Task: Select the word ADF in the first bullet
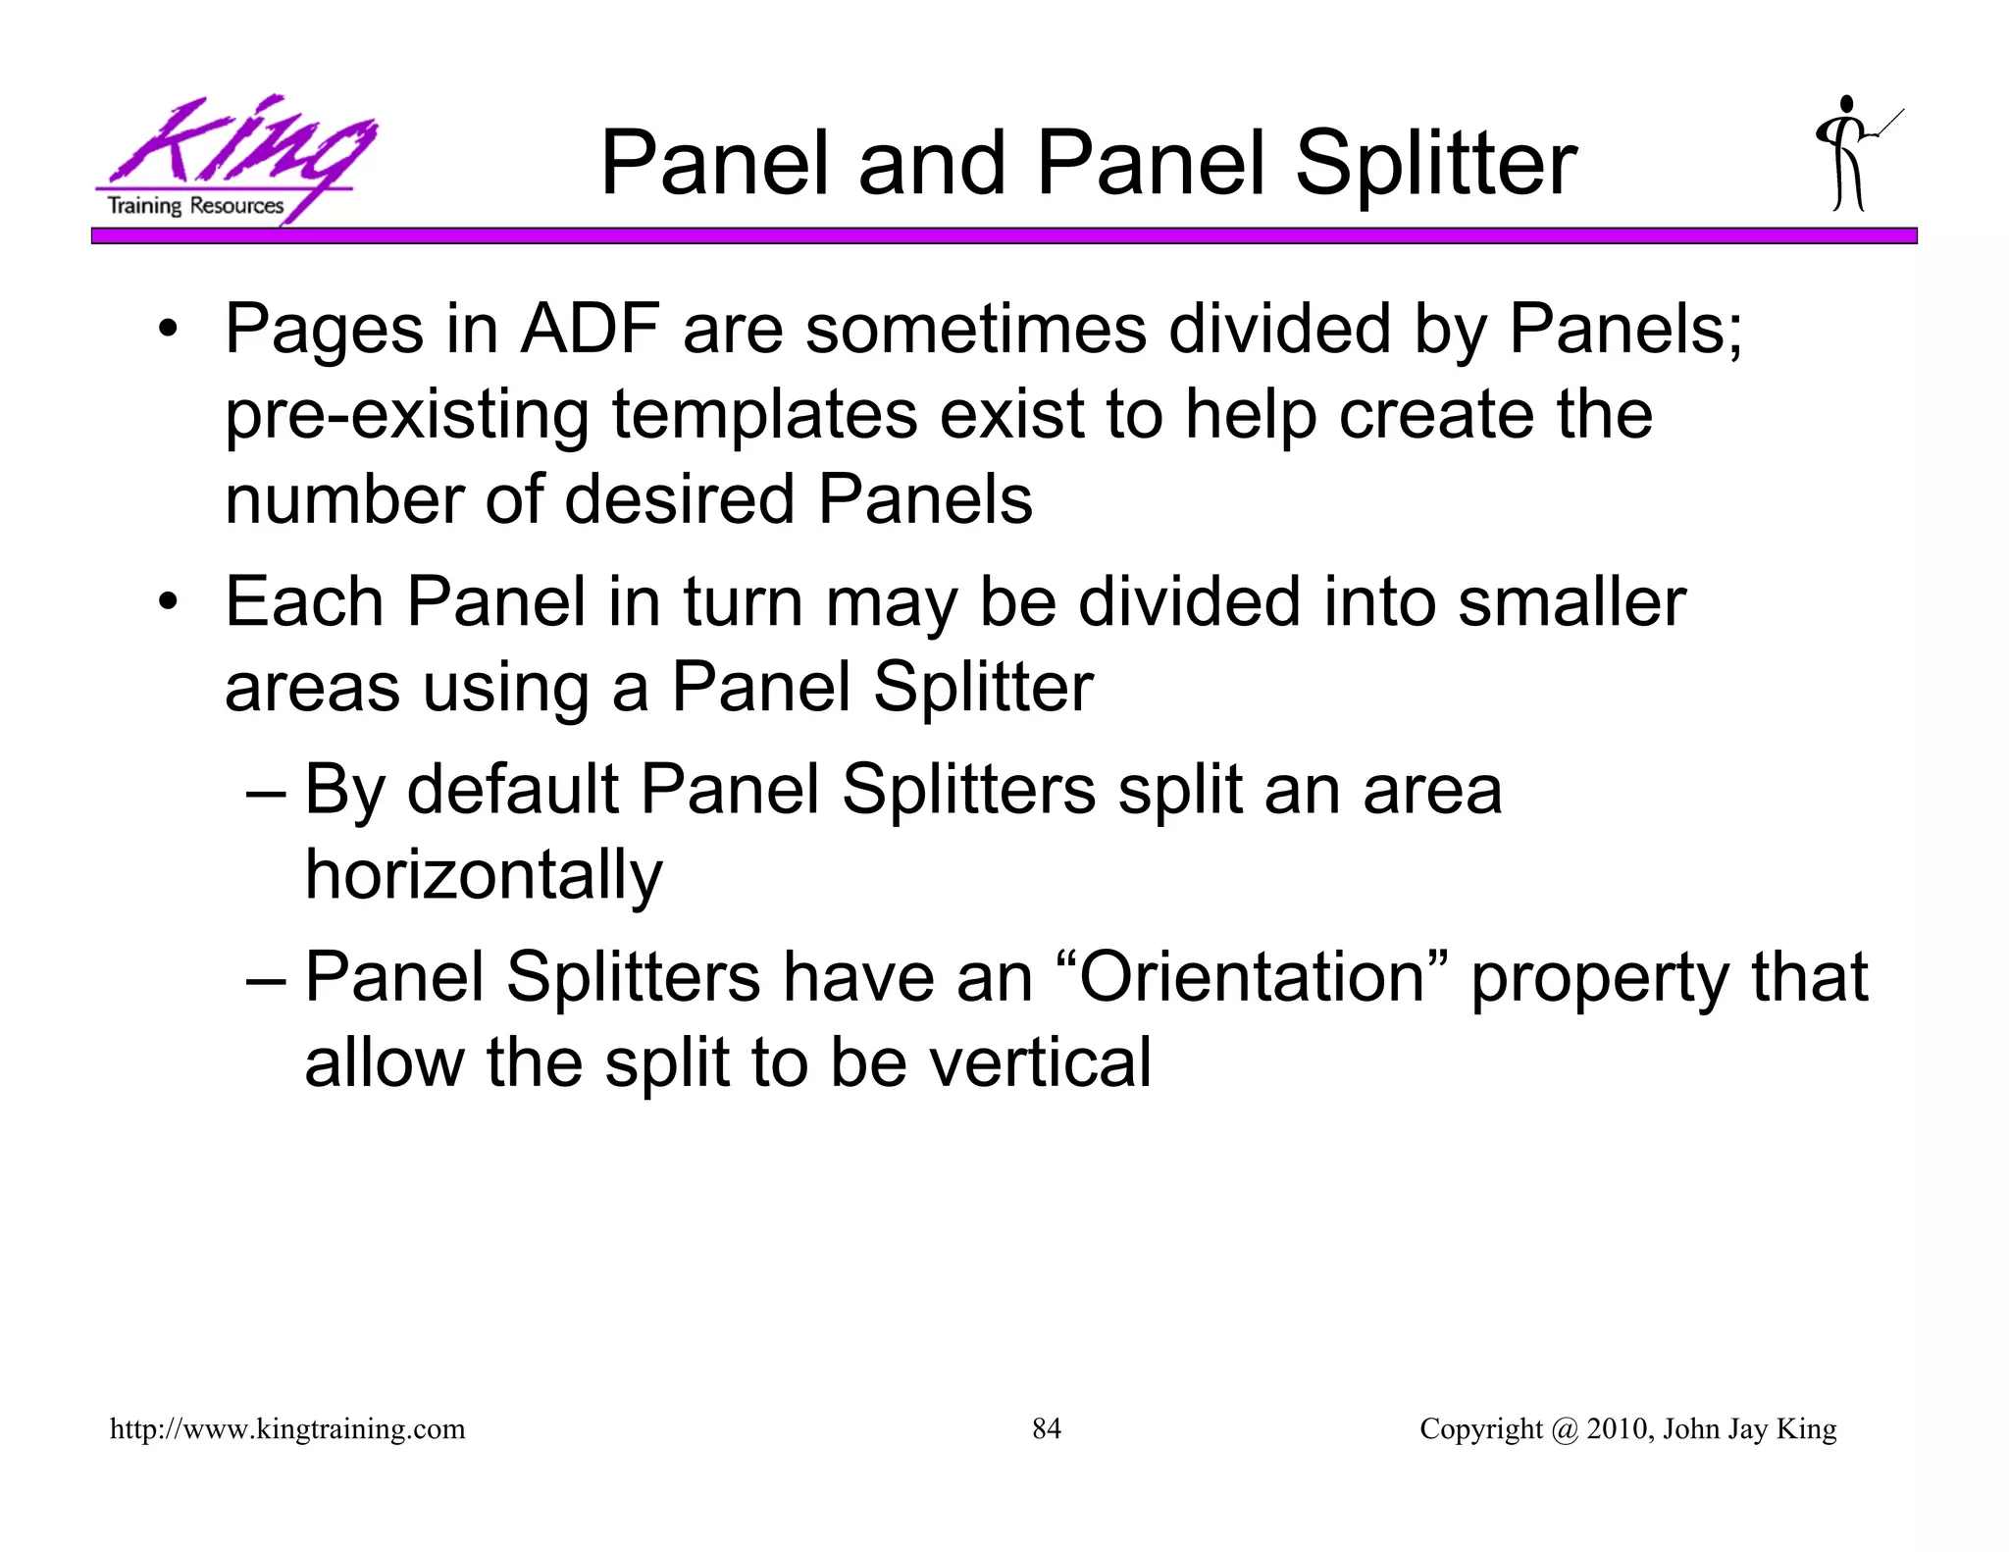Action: pos(590,329)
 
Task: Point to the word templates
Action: pos(765,414)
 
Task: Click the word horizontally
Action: pos(484,874)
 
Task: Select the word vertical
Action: pos(1040,1062)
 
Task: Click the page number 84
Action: pos(1047,1428)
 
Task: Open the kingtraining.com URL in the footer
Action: pos(287,1429)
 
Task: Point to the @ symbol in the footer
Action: pos(1565,1429)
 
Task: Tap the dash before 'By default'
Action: pos(266,791)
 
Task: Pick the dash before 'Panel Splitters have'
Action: pos(266,979)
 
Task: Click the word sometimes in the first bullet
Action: pos(975,329)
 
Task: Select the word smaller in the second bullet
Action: pos(1571,601)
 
